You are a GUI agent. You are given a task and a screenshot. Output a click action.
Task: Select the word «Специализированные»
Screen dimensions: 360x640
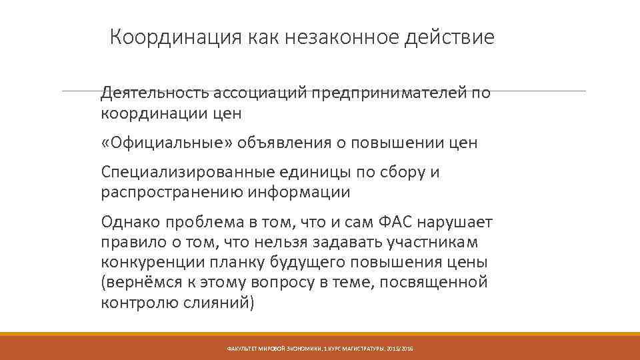pyautogui.click(x=179, y=173)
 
